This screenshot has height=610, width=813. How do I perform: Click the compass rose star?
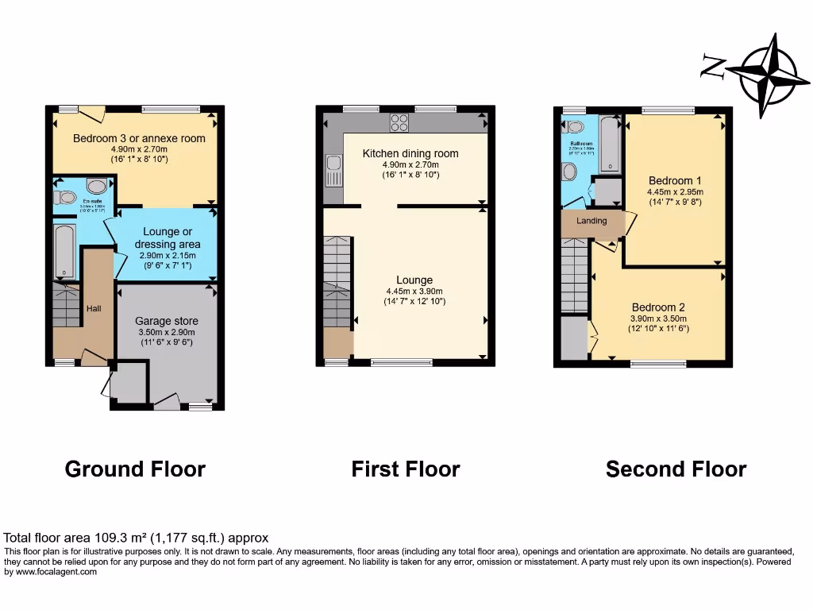click(x=767, y=75)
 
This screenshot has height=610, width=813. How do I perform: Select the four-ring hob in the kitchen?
click(x=399, y=122)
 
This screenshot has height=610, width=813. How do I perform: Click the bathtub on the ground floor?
click(x=64, y=251)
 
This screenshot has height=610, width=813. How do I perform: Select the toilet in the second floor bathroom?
click(x=569, y=172)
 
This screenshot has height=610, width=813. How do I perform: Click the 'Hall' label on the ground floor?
click(x=94, y=307)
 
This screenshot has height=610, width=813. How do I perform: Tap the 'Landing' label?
click(x=591, y=221)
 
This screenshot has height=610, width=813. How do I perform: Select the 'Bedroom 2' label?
click(x=658, y=307)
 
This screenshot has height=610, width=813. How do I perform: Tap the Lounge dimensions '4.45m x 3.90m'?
click(x=414, y=291)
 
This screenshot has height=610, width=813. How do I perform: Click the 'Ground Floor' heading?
click(x=135, y=469)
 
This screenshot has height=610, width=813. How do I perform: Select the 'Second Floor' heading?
click(x=676, y=469)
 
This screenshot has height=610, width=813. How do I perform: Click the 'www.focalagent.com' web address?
click(x=51, y=572)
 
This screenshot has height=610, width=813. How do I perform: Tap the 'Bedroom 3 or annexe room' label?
click(x=139, y=138)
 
